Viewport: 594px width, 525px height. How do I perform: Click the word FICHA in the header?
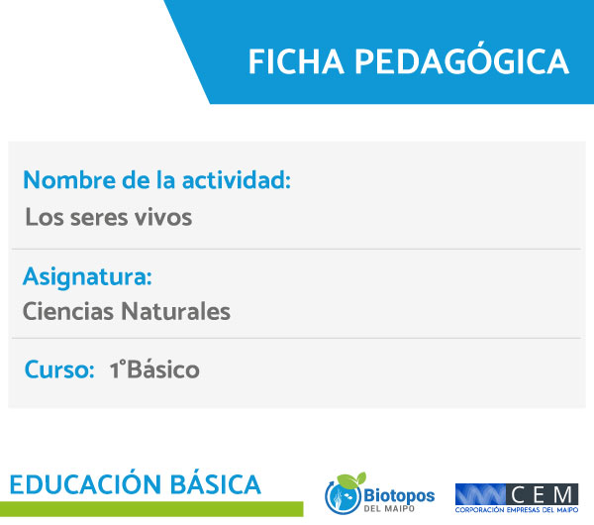tap(296, 61)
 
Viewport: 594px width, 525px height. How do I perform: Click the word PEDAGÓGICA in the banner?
tap(461, 59)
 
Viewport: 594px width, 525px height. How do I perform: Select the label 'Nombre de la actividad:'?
tap(156, 179)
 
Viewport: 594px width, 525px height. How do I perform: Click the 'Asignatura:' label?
tap(87, 277)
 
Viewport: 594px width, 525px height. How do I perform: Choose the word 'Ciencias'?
tap(68, 312)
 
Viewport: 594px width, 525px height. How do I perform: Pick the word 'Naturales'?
tap(175, 312)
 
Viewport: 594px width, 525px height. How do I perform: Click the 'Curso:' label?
tap(59, 369)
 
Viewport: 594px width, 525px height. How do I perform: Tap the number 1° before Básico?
tap(117, 369)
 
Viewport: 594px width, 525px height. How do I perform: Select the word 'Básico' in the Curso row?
tap(163, 368)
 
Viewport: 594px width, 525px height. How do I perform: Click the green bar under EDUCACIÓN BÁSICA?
tap(151, 509)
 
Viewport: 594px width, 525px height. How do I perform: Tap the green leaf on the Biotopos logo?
tap(351, 479)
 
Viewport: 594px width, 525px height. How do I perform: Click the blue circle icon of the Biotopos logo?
tap(343, 497)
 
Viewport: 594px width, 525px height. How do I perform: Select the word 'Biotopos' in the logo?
tap(399, 495)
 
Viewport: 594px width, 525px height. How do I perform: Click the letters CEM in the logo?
tap(542, 494)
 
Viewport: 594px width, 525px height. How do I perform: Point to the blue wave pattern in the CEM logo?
tap(480, 494)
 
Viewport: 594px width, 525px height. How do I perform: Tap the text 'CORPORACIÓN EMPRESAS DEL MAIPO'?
tap(517, 510)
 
